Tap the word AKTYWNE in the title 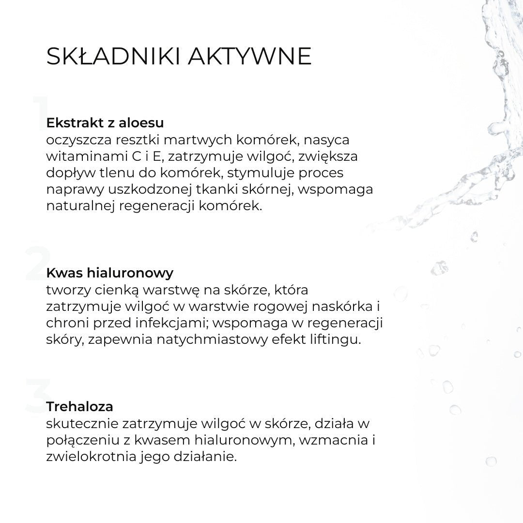coord(249,57)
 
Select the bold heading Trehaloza coord(79,406)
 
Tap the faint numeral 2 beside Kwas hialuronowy coord(38,264)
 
